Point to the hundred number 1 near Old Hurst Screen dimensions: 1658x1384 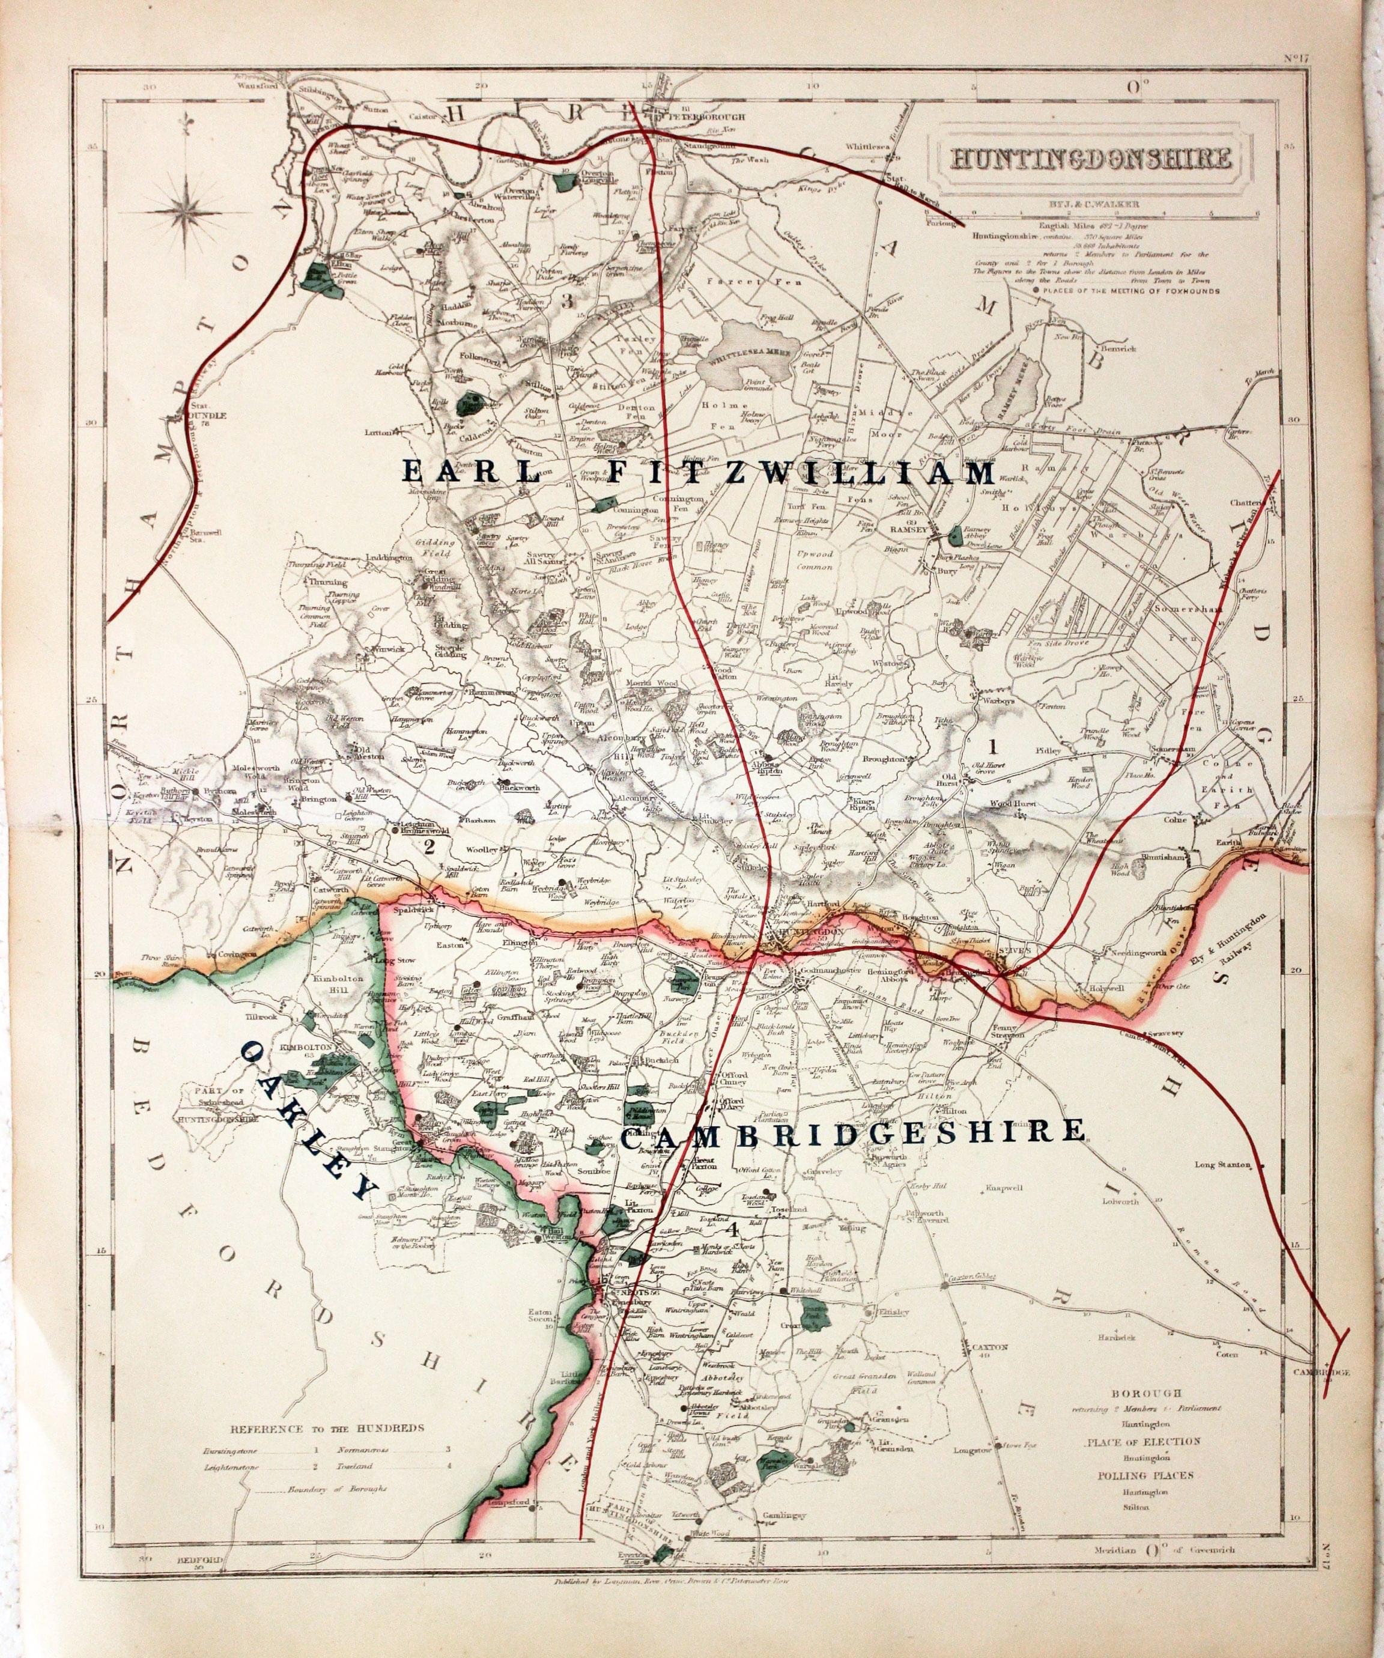[992, 744]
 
